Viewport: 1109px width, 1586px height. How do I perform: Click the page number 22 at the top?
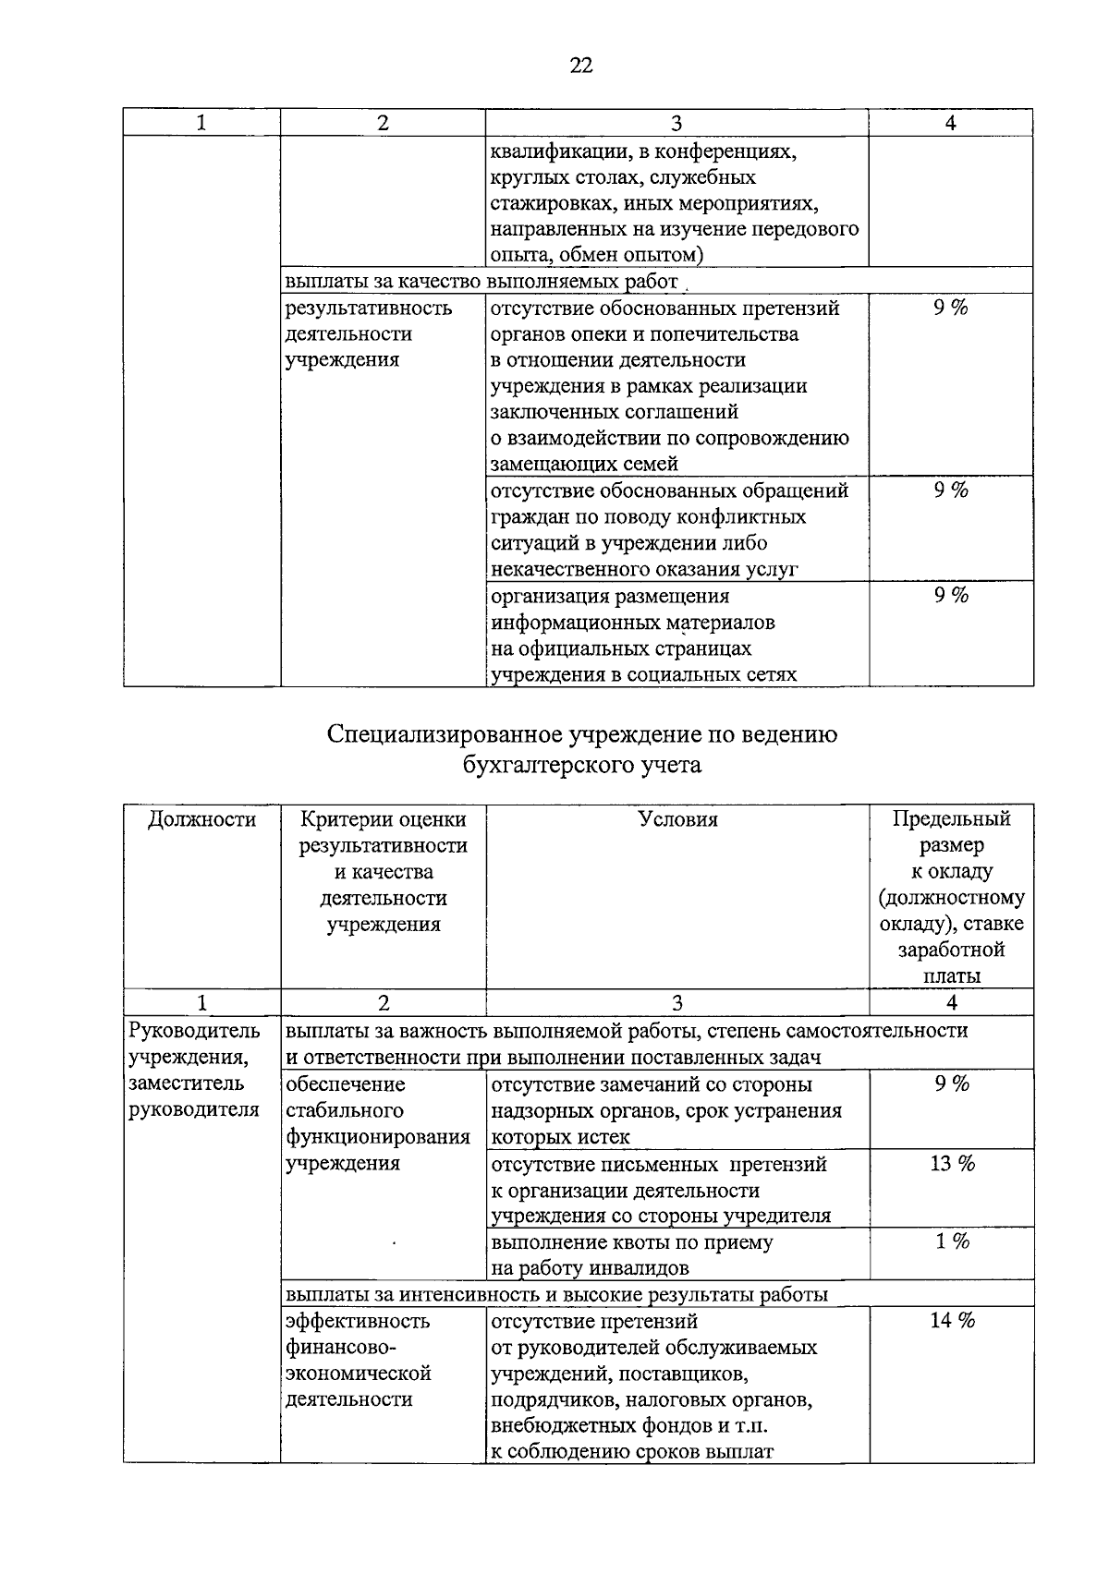click(x=580, y=65)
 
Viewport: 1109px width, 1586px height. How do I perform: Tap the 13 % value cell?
click(x=952, y=1164)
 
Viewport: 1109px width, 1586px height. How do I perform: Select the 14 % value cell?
click(x=952, y=1321)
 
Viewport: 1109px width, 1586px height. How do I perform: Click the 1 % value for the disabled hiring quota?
click(x=952, y=1242)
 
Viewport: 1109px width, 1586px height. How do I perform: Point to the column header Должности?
click(x=201, y=819)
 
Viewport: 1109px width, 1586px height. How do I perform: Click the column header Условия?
click(x=677, y=819)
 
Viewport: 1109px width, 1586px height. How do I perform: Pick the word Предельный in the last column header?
click(x=952, y=819)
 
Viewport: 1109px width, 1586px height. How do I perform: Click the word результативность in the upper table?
click(x=369, y=309)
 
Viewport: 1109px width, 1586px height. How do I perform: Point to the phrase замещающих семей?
click(x=584, y=464)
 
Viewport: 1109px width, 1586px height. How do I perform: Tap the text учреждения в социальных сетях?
click(x=643, y=674)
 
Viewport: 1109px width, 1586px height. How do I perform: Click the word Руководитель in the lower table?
click(x=195, y=1031)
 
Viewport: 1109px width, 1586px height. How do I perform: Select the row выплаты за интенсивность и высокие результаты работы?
click(x=556, y=1294)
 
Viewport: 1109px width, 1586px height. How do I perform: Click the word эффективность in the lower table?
click(x=358, y=1321)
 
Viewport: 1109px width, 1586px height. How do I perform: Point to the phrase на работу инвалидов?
click(x=590, y=1268)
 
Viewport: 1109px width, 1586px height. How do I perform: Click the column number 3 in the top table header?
click(x=676, y=123)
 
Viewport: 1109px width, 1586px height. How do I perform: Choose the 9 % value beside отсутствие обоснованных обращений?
click(x=951, y=490)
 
